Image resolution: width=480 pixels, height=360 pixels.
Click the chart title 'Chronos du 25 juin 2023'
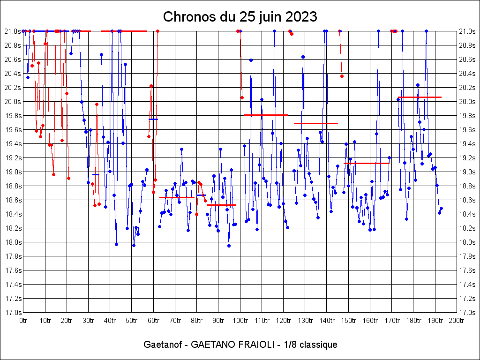coord(240,17)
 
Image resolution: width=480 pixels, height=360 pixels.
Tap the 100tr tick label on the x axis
coord(240,321)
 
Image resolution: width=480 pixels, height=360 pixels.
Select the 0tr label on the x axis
coord(23,321)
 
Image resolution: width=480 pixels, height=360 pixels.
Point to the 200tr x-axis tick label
coord(457,321)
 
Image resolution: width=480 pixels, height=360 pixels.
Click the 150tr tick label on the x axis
coord(348,321)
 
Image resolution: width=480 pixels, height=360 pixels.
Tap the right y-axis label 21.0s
coord(467,31)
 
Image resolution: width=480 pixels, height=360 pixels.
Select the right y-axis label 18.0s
coord(467,242)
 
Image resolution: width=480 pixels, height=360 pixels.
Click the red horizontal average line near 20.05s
coord(420,97)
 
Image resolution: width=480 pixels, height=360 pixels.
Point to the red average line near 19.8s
coord(266,115)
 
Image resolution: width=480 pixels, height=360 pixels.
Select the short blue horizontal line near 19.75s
coord(153,119)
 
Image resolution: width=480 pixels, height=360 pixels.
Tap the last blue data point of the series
coord(441,208)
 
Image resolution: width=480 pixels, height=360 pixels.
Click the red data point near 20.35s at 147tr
coord(342,76)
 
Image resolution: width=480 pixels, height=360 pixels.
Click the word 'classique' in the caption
coord(318,345)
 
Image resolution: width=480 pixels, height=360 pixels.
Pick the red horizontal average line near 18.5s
coord(221,205)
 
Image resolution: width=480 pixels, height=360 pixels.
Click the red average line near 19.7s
coord(316,123)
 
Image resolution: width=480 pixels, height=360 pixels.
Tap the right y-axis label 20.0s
coord(467,102)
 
